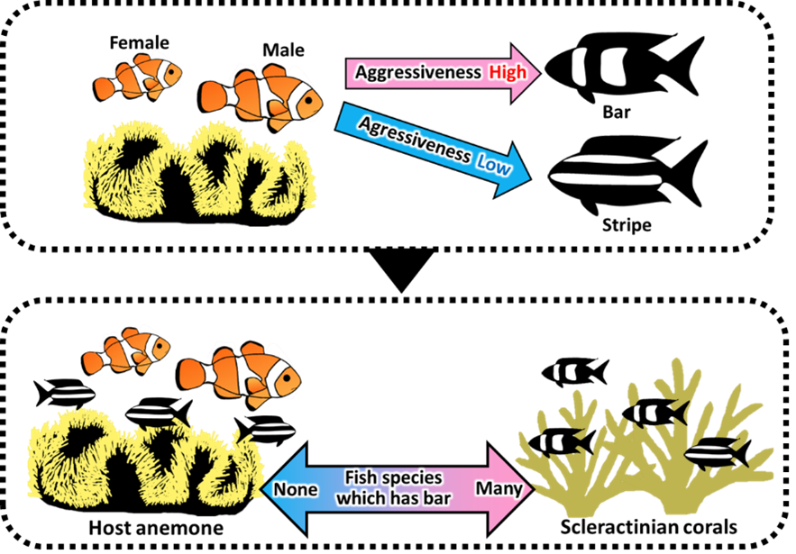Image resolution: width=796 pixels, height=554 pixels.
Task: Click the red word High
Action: pyautogui.click(x=508, y=72)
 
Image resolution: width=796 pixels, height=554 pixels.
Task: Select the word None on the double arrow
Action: pyautogui.click(x=295, y=489)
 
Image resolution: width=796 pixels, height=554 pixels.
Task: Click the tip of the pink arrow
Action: pyautogui.click(x=537, y=72)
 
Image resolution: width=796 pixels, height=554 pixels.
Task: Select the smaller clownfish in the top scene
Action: pyautogui.click(x=139, y=78)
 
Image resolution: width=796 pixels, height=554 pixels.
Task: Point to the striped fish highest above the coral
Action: pyautogui.click(x=566, y=371)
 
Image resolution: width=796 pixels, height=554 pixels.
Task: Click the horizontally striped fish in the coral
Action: pyautogui.click(x=712, y=453)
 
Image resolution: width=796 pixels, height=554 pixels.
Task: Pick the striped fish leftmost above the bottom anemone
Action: pyautogui.click(x=72, y=393)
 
